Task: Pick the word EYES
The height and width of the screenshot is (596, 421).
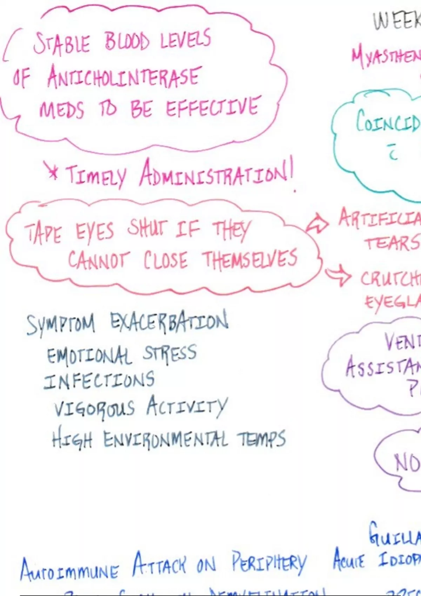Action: tap(95, 231)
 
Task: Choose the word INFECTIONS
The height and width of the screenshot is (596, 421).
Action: tap(99, 380)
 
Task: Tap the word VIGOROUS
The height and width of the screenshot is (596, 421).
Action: tap(94, 408)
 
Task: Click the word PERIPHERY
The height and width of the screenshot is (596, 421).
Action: tap(268, 562)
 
